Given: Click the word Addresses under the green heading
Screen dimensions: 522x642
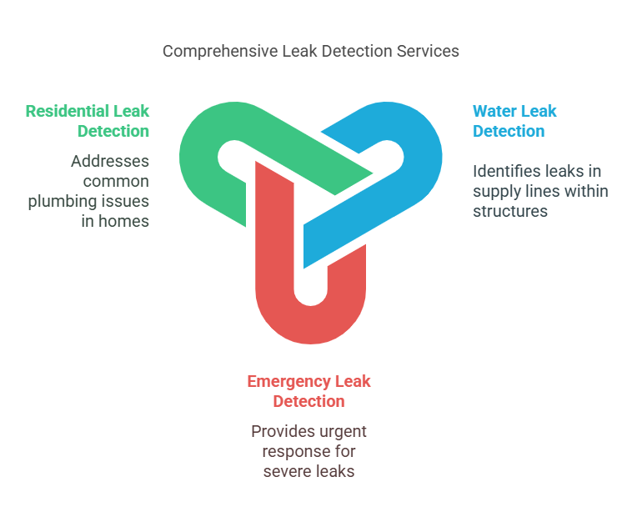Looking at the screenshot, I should click(110, 161).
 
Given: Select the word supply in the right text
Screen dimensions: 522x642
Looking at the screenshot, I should click(497, 191).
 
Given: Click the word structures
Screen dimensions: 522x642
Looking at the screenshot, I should click(510, 211).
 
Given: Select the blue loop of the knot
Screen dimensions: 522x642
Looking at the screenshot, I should click(417, 158).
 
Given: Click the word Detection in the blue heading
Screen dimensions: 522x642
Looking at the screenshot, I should click(509, 131).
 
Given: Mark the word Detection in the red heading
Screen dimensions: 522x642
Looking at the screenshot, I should click(308, 401).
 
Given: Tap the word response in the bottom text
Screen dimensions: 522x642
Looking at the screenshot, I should click(296, 451).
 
